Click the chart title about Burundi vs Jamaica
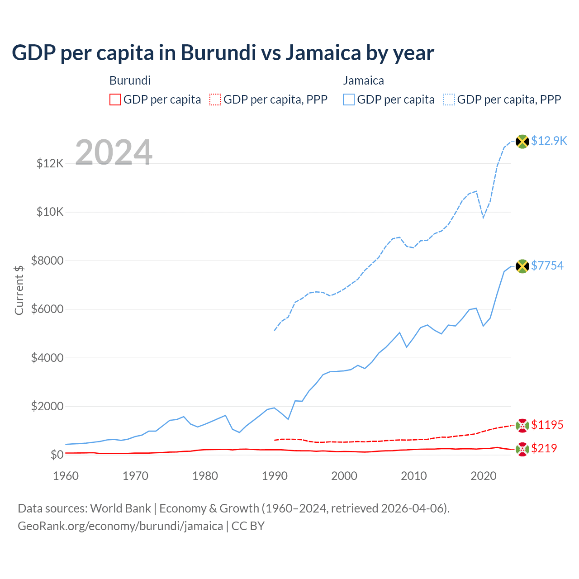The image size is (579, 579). [223, 53]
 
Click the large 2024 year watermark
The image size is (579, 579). [114, 152]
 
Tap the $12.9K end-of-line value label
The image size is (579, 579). [549, 141]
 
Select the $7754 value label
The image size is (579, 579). [547, 266]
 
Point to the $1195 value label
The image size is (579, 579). [547, 425]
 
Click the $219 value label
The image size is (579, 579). [544, 448]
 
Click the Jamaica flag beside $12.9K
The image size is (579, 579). [522, 142]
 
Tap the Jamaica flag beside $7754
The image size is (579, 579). [522, 266]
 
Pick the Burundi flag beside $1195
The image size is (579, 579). [522, 425]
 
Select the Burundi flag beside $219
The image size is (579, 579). [522, 449]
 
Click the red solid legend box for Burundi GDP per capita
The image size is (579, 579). [115, 100]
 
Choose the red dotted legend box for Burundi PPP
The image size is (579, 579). [215, 100]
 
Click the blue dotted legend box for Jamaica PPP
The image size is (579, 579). [449, 100]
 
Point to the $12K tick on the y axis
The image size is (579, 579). [50, 163]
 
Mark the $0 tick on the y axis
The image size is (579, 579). [57, 455]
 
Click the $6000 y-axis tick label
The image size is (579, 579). [47, 309]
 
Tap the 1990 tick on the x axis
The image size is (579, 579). [275, 476]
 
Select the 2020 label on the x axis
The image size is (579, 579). [484, 476]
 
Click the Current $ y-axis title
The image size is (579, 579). [19, 290]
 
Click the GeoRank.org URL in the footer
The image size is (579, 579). [120, 526]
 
